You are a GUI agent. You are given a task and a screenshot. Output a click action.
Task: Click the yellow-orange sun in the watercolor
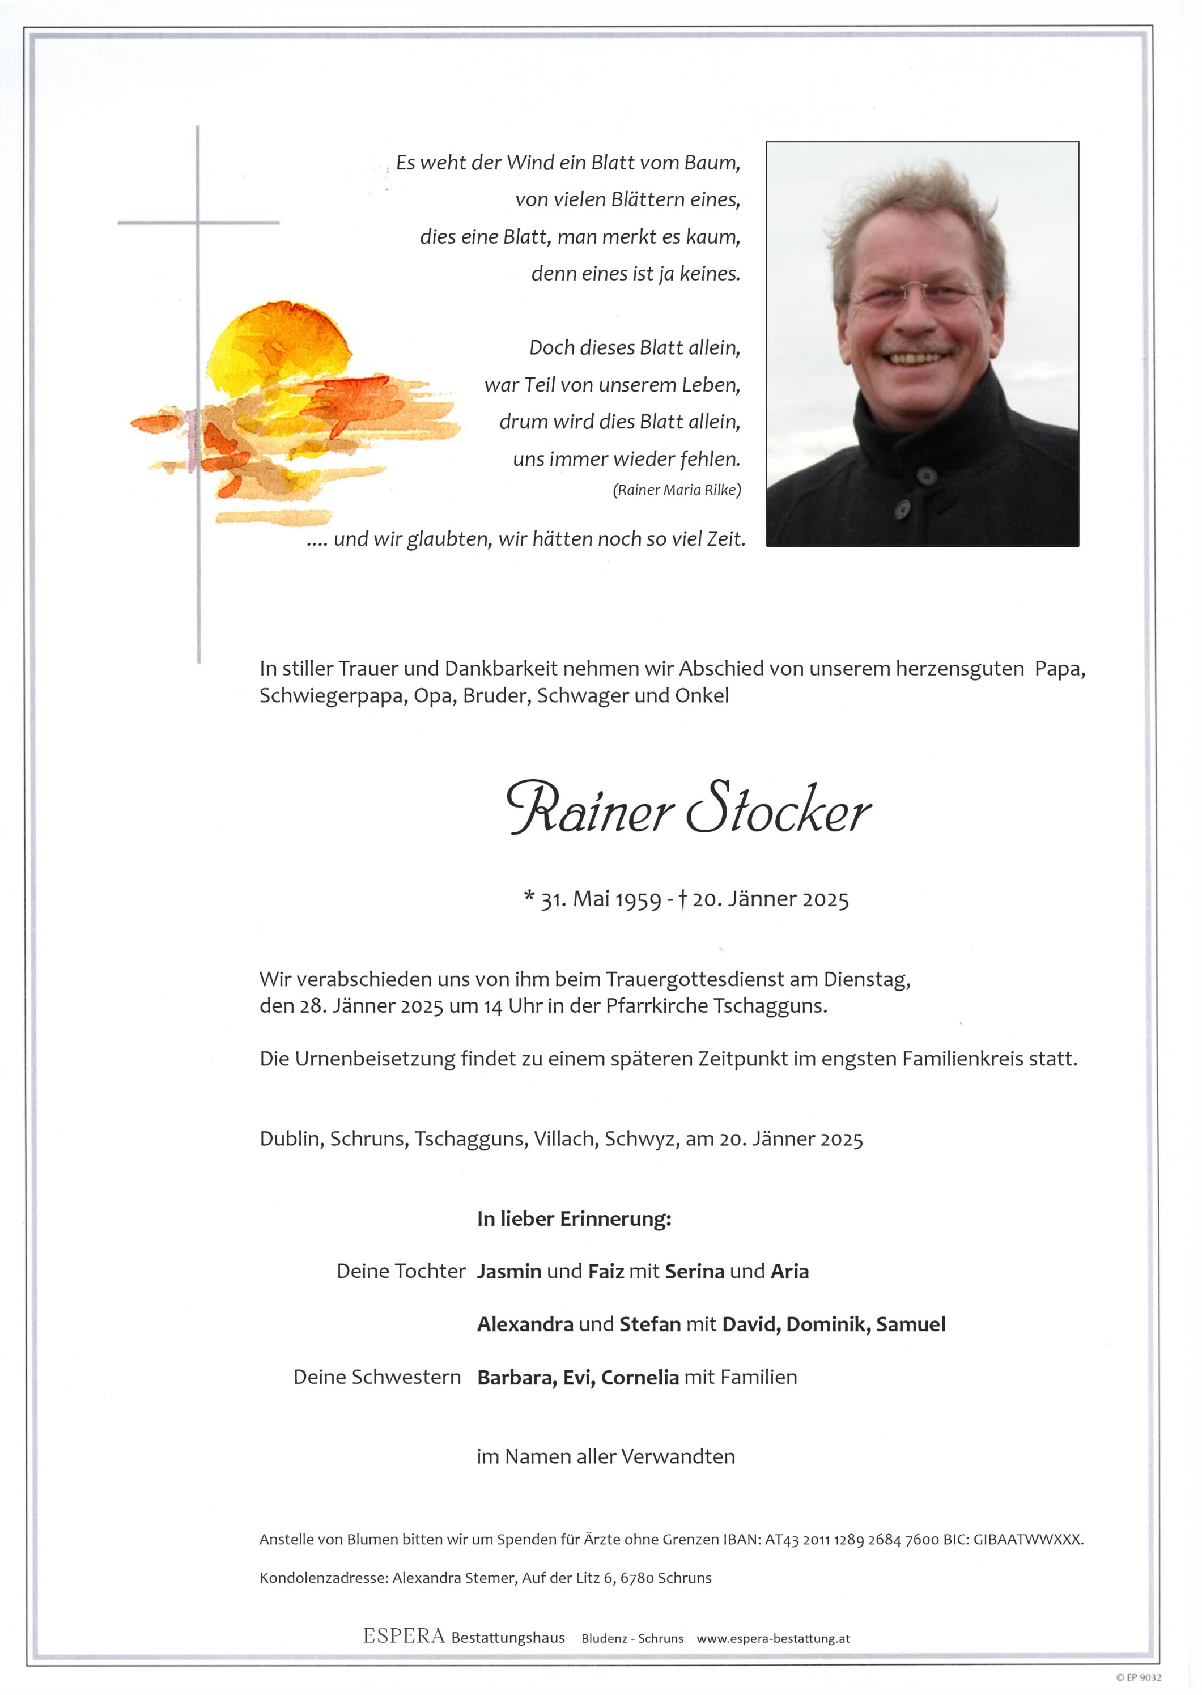tap(278, 348)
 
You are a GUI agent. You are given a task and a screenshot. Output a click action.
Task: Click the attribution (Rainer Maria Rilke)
tap(677, 490)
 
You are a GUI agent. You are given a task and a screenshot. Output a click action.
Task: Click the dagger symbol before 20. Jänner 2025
tap(683, 899)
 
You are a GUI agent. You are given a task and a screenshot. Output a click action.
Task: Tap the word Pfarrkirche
tap(656, 1006)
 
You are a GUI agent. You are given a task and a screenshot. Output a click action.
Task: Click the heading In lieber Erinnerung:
tap(574, 1218)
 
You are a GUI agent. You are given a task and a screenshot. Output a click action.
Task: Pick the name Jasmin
tap(509, 1272)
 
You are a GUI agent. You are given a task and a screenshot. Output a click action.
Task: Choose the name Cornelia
tap(639, 1378)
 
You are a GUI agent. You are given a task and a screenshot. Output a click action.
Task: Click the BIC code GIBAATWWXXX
tap(1028, 1540)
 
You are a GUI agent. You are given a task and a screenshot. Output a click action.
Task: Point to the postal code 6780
tap(637, 1578)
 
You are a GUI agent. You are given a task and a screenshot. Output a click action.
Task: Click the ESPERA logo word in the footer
tap(404, 1637)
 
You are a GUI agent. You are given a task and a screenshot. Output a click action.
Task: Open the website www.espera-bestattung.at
tap(773, 1639)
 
